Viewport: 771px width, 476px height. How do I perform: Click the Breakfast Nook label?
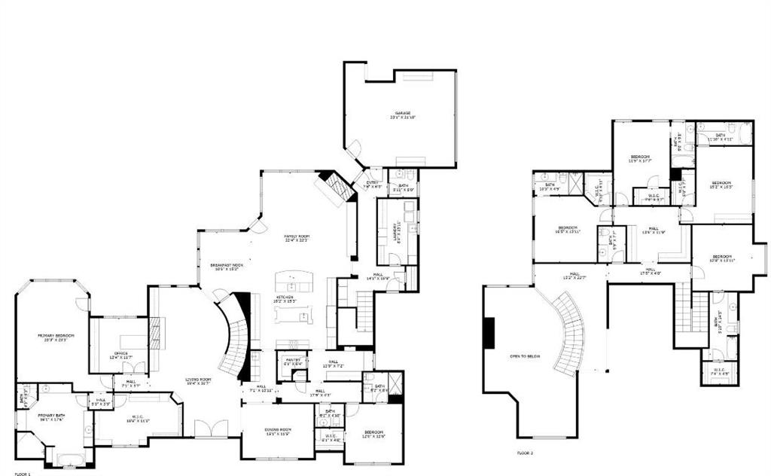pos(227,265)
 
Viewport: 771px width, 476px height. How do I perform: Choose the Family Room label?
pos(297,236)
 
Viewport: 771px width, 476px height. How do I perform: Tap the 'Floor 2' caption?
pos(525,453)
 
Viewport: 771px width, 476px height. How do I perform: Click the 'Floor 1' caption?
pos(23,474)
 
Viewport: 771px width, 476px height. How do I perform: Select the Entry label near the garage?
pos(372,182)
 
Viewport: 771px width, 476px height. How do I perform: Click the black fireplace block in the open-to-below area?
pos(489,333)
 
